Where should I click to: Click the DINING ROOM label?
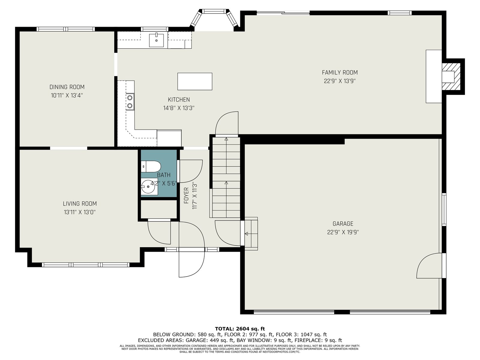coord(67,87)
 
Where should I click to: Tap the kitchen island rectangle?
coord(195,81)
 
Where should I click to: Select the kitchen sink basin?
coord(156,40)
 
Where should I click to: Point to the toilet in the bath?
coord(151,166)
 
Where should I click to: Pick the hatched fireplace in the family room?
coord(451,76)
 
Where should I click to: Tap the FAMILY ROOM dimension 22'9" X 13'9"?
coord(340,81)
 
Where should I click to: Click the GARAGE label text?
coord(343,223)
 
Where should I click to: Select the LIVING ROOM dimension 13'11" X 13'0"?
coord(80,212)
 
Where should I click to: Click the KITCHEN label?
coord(179,100)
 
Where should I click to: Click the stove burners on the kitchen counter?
coord(130,102)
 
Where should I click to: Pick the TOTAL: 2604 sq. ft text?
coord(240,329)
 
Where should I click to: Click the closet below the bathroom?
coord(159,209)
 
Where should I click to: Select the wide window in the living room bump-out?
coord(85,265)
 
